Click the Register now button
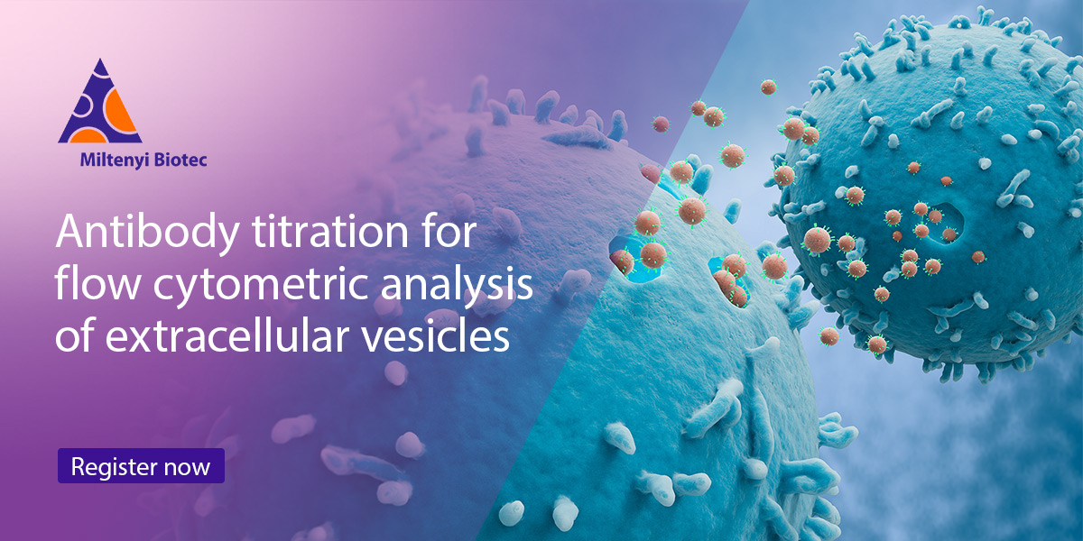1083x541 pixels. point(141,466)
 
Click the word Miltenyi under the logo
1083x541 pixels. point(110,162)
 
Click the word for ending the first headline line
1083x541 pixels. point(439,234)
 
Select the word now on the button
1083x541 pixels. point(187,467)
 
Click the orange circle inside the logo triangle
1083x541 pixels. point(120,115)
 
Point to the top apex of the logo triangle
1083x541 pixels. point(99,62)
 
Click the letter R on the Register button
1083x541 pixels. point(79,466)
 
